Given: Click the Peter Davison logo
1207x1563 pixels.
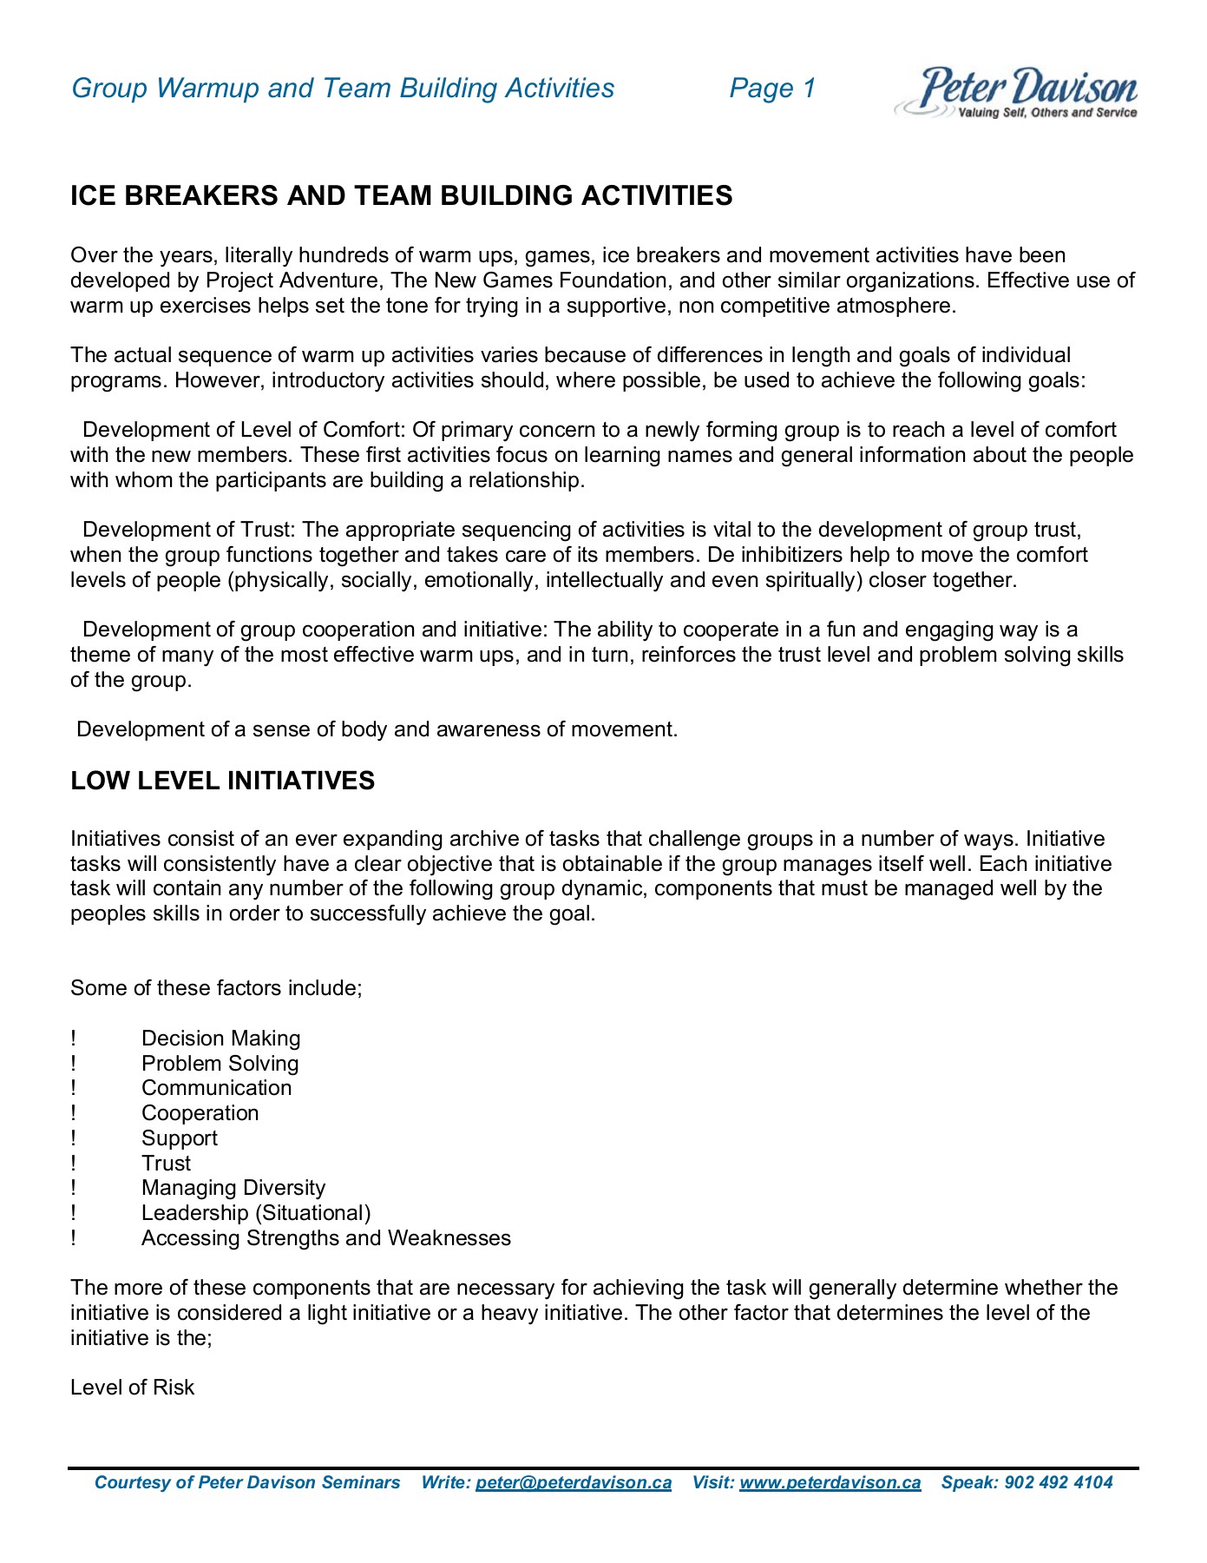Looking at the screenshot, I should coord(1016,92).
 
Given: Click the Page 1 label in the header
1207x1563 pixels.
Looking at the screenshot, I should coord(772,88).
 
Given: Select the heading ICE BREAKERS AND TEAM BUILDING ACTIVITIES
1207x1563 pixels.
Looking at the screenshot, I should coord(401,195).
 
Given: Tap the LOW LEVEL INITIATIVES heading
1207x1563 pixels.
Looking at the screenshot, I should coord(222,781).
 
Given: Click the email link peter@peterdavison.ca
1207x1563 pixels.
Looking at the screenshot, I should coord(574,1482).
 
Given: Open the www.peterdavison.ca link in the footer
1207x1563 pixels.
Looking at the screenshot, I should coord(830,1482).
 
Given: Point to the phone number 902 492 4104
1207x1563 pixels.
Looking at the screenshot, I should coord(1058,1482).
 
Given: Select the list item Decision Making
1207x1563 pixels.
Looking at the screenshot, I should coord(220,1039).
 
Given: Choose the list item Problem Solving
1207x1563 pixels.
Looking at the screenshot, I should coord(220,1064).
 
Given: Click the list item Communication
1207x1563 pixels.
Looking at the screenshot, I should coord(216,1088).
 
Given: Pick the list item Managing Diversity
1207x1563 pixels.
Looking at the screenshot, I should coord(233,1188).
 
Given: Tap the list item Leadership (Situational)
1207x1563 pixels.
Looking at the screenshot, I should coord(256,1213).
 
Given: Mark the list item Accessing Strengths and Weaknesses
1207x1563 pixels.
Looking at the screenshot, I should coord(325,1238).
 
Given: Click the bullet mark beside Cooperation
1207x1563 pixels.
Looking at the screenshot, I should coord(74,1113).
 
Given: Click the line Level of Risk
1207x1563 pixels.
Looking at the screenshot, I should coord(132,1388).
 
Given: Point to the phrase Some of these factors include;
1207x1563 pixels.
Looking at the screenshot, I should coord(216,988).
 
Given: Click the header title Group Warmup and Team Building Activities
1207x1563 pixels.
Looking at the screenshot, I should coord(343,88).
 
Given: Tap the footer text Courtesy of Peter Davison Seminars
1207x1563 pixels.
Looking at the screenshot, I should coord(247,1482).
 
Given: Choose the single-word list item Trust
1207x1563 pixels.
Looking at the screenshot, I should coord(166,1164).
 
